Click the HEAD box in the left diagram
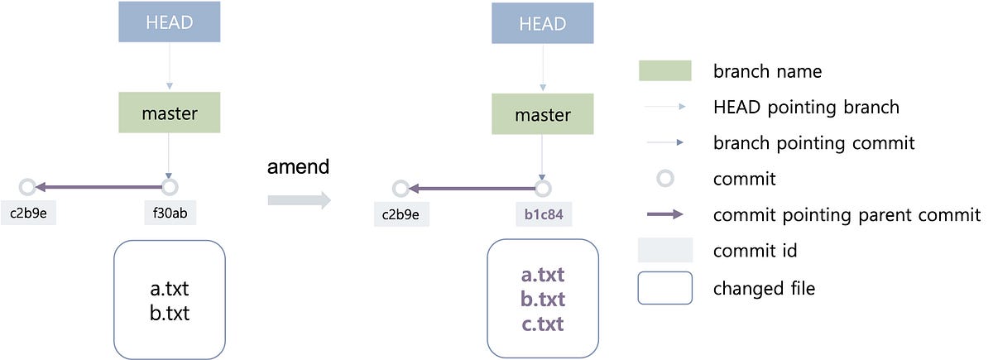169,22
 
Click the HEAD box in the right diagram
542,23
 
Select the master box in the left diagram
169,112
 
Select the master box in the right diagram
542,114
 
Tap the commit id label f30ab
170,213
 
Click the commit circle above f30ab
170,186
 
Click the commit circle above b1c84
542,189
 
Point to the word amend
298,166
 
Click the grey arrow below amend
298,199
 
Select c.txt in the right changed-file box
542,323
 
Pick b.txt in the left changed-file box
169,313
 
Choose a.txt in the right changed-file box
542,275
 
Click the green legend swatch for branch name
664,71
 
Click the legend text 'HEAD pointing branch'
805,107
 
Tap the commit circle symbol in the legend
664,178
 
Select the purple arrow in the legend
664,214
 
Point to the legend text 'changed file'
764,288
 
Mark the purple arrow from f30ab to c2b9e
99,187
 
